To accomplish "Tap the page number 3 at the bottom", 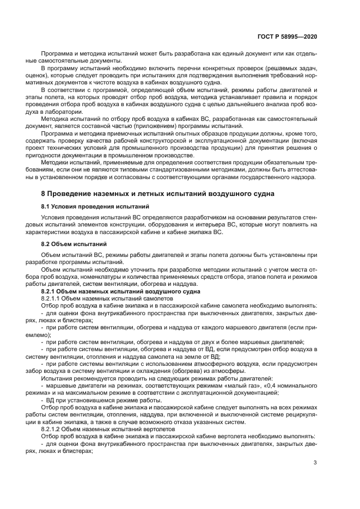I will click(x=315, y=463).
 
